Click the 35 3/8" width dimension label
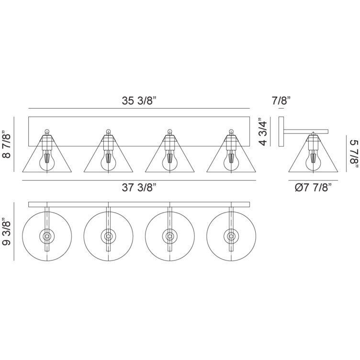(x=139, y=101)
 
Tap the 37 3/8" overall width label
(x=139, y=188)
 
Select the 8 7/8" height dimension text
(x=6, y=145)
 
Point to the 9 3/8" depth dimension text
(x=6, y=233)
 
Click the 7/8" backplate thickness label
(x=281, y=101)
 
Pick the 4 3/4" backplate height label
(x=263, y=132)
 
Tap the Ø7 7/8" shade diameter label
(x=313, y=188)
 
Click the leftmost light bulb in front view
(x=47, y=160)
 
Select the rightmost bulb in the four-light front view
(x=231, y=160)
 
